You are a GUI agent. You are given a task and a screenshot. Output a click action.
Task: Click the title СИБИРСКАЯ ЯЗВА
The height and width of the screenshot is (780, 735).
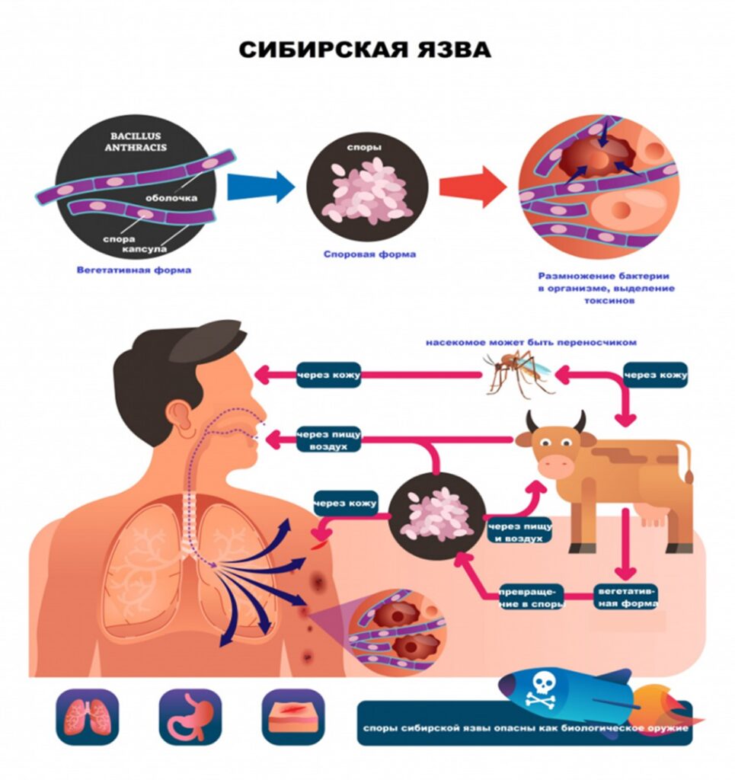(x=366, y=50)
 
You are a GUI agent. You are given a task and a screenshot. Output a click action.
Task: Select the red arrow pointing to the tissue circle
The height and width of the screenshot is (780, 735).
(x=472, y=187)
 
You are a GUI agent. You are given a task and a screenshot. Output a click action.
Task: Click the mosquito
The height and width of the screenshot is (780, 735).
(x=518, y=371)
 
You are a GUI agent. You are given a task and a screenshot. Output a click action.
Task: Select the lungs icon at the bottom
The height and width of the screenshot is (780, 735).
(x=88, y=718)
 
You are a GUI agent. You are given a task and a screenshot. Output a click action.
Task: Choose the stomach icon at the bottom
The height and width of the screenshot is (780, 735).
(x=190, y=718)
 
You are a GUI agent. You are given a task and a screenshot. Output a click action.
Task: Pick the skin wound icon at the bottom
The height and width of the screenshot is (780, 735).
(x=292, y=718)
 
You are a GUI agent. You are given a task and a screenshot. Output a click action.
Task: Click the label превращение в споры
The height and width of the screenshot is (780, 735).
(x=531, y=597)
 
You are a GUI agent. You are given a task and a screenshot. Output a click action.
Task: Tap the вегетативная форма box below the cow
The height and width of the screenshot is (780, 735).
(x=625, y=597)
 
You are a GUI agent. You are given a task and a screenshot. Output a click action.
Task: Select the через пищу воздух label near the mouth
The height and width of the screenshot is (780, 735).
(x=328, y=440)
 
